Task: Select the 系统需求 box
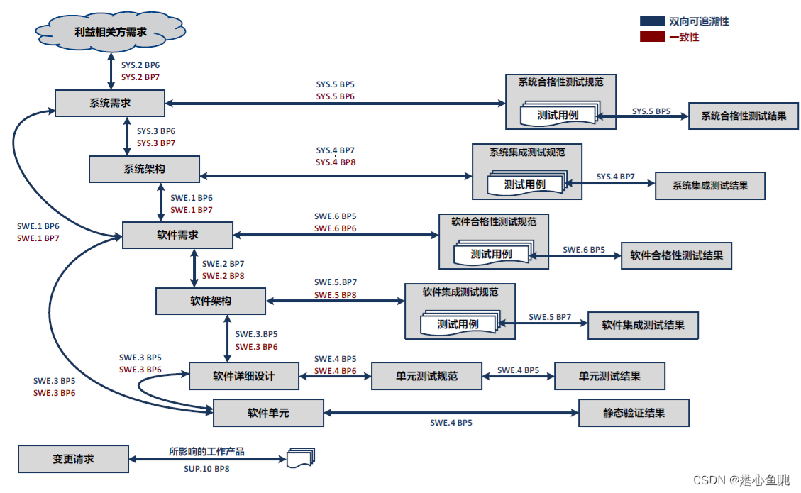coord(110,103)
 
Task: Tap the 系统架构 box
coord(144,170)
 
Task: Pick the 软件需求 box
coord(177,235)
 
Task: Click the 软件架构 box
coord(211,301)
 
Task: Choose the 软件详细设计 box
coord(244,376)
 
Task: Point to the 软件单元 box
coord(268,413)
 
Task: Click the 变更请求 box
coord(73,459)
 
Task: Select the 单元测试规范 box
coord(426,376)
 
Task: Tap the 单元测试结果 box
coord(609,376)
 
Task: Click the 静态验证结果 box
coord(634,413)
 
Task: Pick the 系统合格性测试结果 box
coord(744,116)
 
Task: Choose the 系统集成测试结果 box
coord(710,185)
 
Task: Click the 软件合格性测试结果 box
coord(676,255)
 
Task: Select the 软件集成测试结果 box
coord(643,325)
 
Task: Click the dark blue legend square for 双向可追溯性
coord(652,21)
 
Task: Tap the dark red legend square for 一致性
coord(652,37)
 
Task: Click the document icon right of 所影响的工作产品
coord(300,458)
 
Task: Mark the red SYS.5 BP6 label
coord(336,96)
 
